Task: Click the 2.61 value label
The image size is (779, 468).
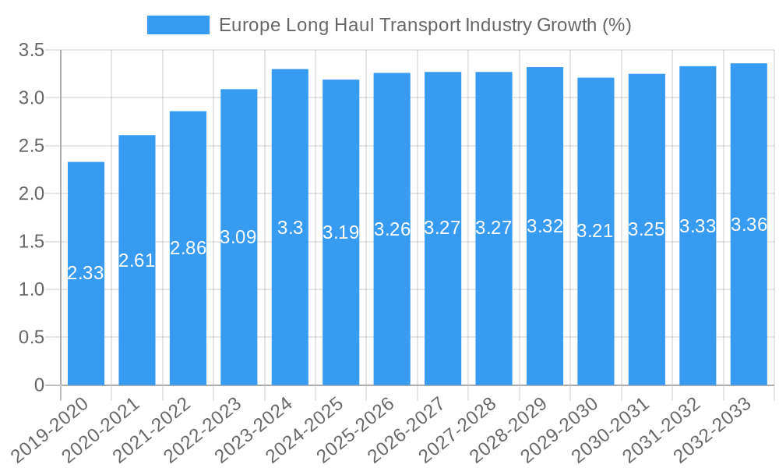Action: [x=137, y=261]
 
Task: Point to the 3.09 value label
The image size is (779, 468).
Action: [x=238, y=237]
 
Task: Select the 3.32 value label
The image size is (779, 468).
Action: [x=545, y=226]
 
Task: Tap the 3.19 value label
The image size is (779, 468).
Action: [x=341, y=232]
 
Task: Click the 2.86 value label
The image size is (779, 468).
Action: [x=188, y=248]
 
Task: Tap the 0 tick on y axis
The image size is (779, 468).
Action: [x=40, y=385]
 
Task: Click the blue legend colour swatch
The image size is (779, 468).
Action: [x=178, y=25]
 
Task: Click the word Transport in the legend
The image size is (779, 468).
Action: [x=421, y=25]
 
